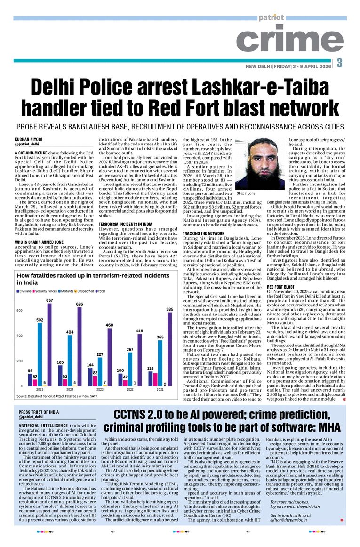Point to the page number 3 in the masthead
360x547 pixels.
[x=339, y=63]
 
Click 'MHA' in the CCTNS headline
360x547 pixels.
[x=327, y=427]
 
